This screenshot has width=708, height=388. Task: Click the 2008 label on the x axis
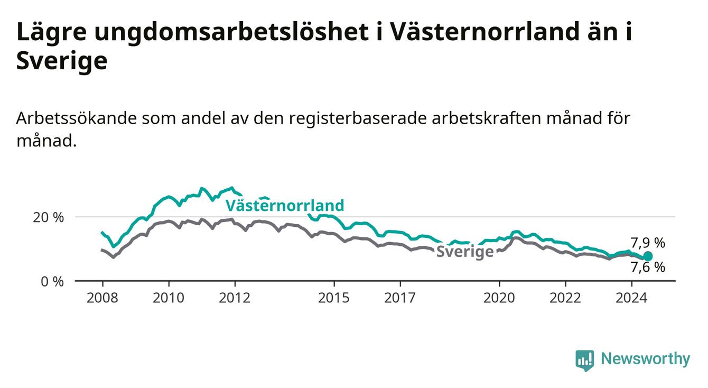[x=102, y=298]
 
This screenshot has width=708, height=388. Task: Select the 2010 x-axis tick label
[x=169, y=298]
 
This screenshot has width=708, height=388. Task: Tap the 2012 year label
[x=235, y=298]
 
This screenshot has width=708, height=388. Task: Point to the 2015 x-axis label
[x=334, y=298]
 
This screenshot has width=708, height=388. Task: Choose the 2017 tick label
[x=400, y=298]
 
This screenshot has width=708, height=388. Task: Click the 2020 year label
[x=499, y=298]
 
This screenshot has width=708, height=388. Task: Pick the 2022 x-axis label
[x=565, y=298]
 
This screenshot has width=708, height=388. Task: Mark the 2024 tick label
[x=631, y=298]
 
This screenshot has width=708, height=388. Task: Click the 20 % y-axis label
[x=49, y=218]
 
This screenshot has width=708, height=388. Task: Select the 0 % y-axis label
[x=52, y=282]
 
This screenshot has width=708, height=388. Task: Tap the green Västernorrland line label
[x=285, y=206]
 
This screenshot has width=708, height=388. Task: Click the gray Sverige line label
[x=465, y=252]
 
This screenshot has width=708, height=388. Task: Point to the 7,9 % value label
[x=648, y=243]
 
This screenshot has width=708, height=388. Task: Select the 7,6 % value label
[x=648, y=267]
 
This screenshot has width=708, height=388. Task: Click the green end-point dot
[x=648, y=256]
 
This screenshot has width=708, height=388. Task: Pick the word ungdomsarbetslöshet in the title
[x=231, y=33]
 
